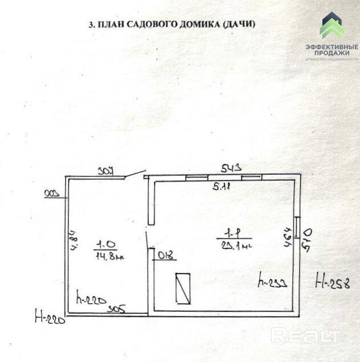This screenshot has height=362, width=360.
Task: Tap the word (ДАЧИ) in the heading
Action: click(236, 25)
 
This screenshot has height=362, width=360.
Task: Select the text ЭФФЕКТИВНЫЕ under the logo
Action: click(332, 47)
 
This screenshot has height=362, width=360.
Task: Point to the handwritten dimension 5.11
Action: click(221, 186)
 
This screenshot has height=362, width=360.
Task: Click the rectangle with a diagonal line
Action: click(183, 288)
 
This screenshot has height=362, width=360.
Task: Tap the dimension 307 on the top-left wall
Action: click(106, 171)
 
